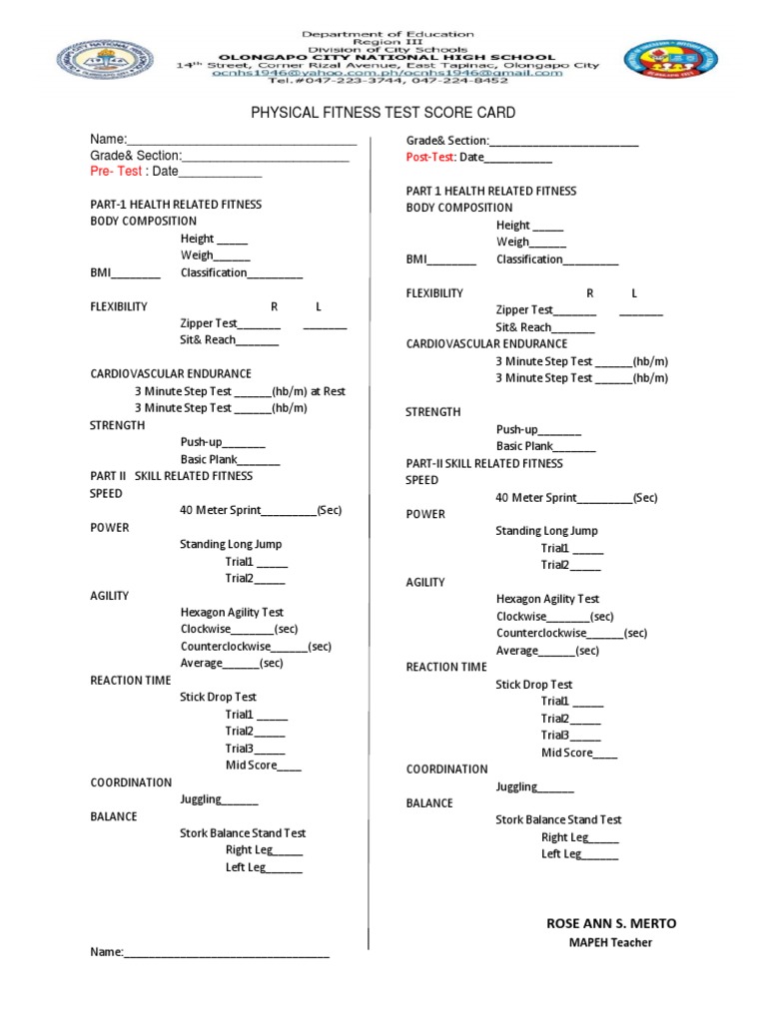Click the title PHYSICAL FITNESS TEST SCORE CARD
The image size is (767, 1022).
tap(383, 113)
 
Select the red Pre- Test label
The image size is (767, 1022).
tap(116, 171)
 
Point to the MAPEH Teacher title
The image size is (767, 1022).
tap(610, 943)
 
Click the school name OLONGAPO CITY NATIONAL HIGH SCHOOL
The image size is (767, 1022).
tap(388, 58)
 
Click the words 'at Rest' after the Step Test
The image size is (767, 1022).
tap(328, 391)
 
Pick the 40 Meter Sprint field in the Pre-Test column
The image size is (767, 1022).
tap(260, 510)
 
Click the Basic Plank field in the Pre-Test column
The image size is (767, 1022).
tap(230, 459)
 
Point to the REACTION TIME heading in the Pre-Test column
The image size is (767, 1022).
tap(131, 681)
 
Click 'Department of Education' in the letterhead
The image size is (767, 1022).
tap(388, 34)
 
